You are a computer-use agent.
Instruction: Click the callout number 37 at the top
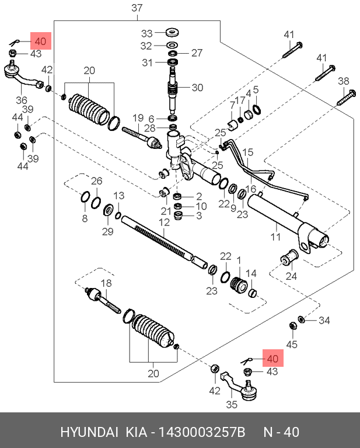(x=137, y=8)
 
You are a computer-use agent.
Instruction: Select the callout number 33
(x=146, y=33)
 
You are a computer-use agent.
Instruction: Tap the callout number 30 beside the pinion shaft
(x=197, y=88)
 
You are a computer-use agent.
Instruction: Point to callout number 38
(x=343, y=81)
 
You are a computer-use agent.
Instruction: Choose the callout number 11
(x=276, y=237)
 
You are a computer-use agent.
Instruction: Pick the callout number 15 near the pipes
(x=249, y=153)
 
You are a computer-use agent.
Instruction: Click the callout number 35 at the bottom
(x=231, y=403)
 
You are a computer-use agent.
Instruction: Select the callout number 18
(x=106, y=283)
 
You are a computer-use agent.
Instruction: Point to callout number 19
(x=138, y=118)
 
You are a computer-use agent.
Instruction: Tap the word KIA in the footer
(x=137, y=432)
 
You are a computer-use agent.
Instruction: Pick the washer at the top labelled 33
(x=173, y=32)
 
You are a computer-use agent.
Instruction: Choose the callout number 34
(x=324, y=320)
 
